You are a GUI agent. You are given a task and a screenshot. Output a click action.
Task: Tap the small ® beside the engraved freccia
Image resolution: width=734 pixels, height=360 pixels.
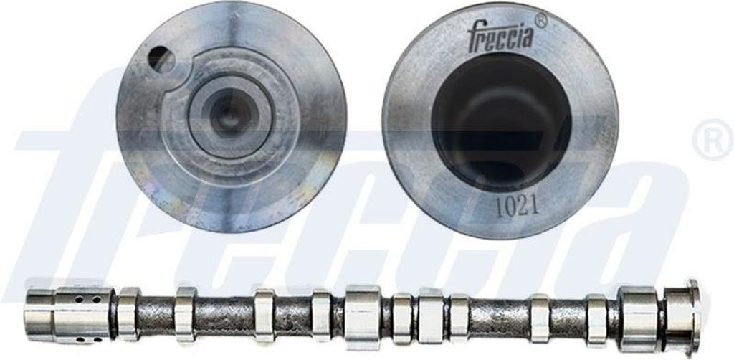coord(540,20)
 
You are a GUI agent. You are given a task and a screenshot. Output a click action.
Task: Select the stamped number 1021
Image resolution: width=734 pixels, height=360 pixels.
coord(518,207)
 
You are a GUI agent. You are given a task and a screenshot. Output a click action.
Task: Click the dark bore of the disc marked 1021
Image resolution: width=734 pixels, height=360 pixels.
coord(501,122)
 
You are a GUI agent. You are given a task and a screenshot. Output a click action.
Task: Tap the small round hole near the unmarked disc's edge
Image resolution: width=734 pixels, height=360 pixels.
coord(161,60)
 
